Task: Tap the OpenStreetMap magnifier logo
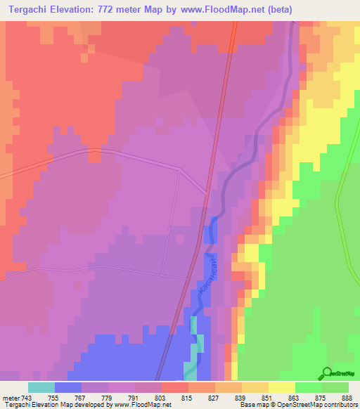(x=326, y=372)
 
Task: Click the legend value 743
(x=27, y=397)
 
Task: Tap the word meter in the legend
(x=10, y=397)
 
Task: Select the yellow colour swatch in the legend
(x=281, y=387)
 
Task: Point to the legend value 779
(x=108, y=397)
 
